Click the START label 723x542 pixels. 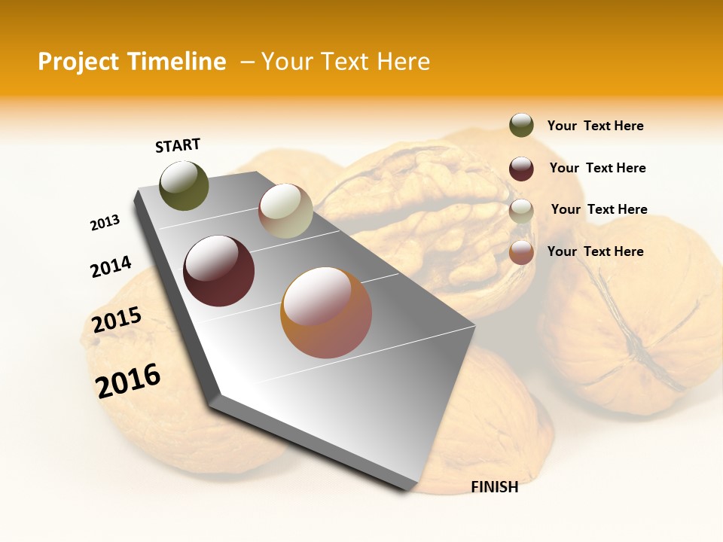point(178,145)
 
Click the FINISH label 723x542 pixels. point(495,487)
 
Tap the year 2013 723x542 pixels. point(105,223)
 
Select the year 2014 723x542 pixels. point(111,266)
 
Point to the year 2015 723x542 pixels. point(117,320)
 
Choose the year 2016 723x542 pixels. point(128,380)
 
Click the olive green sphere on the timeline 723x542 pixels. point(185,185)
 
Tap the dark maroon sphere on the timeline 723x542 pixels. point(218,271)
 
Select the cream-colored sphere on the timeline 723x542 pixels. point(285,211)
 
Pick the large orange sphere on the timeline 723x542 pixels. point(326,312)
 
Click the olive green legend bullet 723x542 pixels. point(521,126)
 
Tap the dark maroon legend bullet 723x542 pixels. point(521,169)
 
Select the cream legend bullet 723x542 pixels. point(521,211)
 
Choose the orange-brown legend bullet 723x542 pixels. point(521,252)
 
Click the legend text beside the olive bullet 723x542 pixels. point(595,126)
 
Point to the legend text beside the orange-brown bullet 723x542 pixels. point(595,251)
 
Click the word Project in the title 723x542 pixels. point(78,62)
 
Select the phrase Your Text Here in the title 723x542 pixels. point(345,62)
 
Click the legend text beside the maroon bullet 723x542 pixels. point(597,168)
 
